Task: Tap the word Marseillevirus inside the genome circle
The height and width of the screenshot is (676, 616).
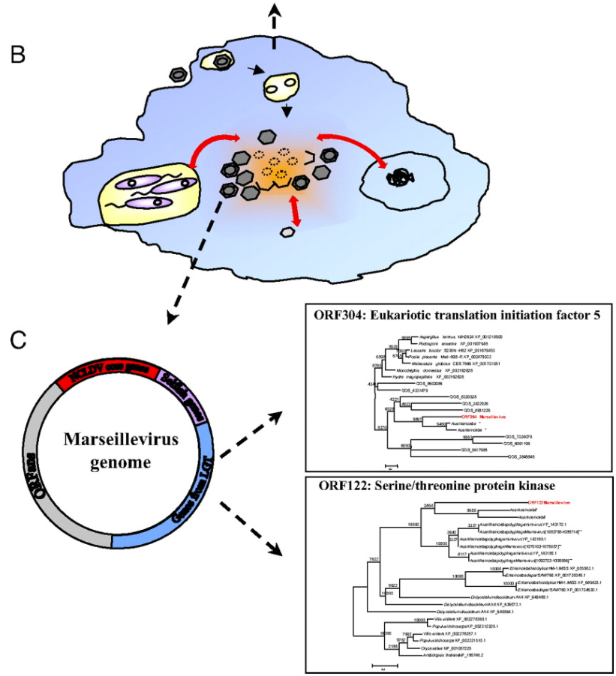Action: coord(119,438)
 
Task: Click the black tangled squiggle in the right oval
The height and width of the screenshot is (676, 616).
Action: coord(398,178)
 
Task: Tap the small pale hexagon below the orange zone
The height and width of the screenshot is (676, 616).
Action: coord(287,232)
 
